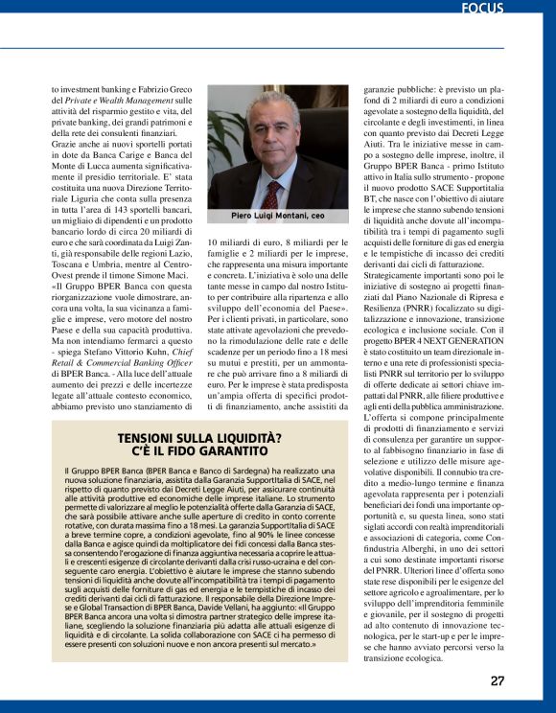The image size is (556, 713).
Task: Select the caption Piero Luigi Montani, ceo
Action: point(277,217)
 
